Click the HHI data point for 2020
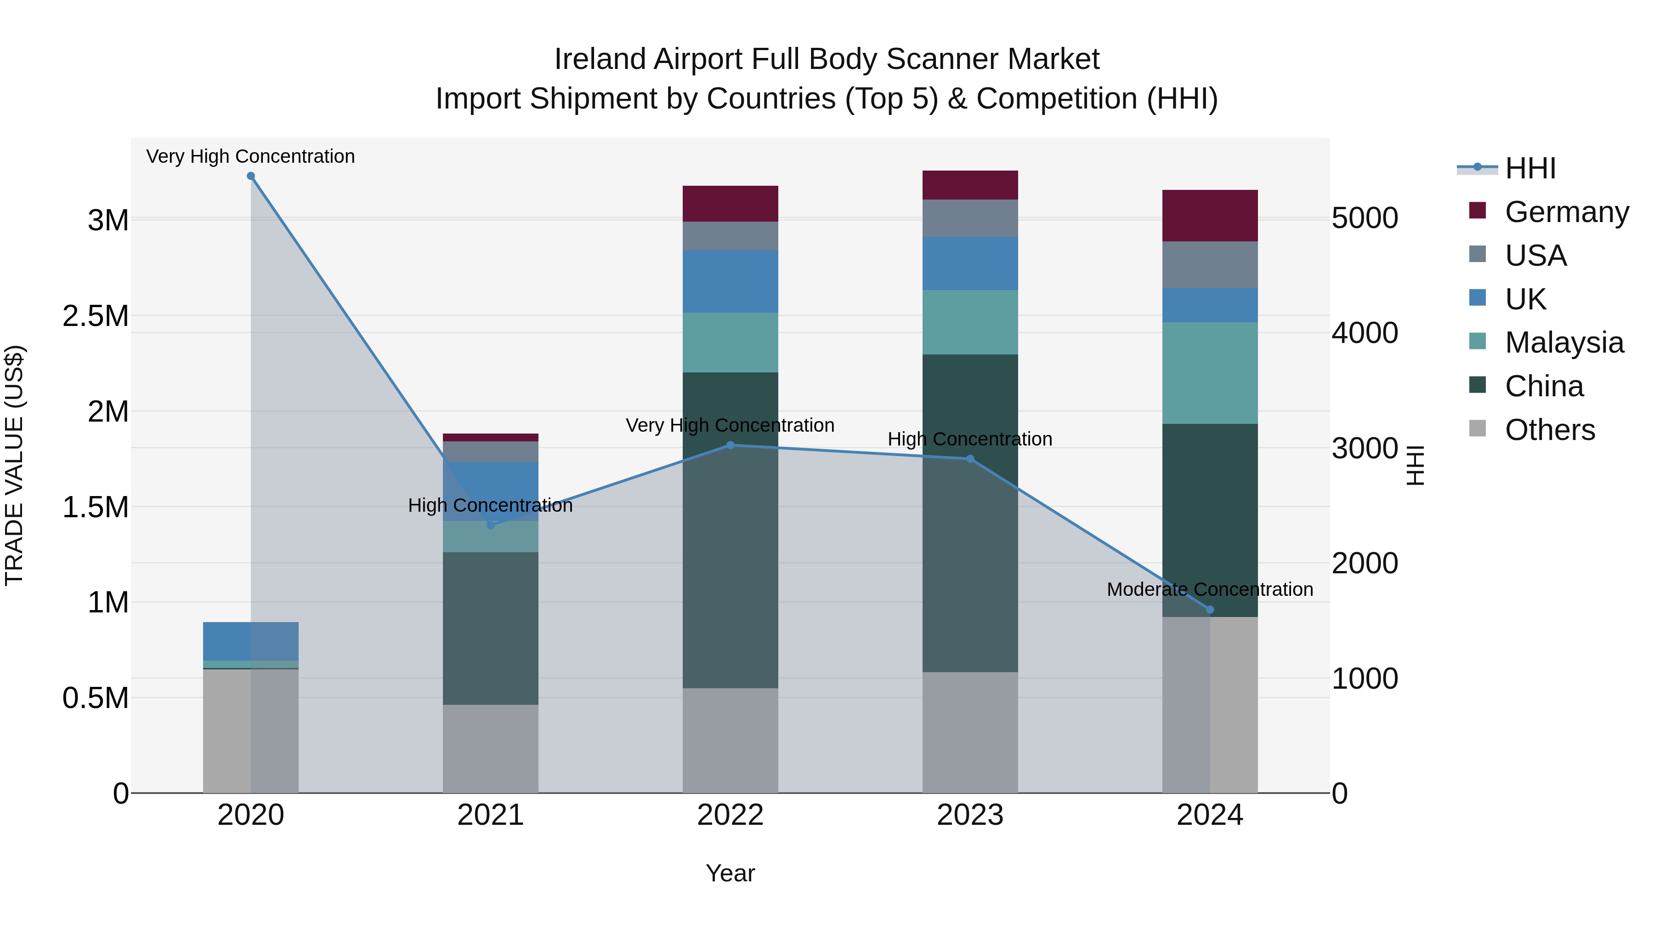[251, 176]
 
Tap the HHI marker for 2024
[1210, 610]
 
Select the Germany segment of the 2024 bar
[1210, 216]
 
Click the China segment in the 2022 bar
[730, 530]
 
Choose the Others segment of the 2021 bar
[491, 748]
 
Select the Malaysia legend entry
[1564, 343]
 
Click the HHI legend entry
[1530, 168]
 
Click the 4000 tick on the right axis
[1365, 333]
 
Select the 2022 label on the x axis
[730, 815]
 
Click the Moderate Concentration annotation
[1210, 589]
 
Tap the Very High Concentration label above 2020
[250, 156]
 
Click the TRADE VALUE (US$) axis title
[14, 465]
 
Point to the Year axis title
[730, 873]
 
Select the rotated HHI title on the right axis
[1415, 465]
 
